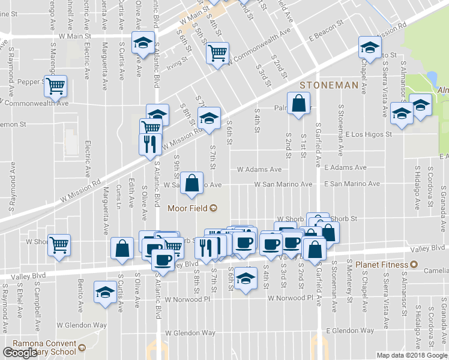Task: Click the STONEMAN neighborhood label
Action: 328,86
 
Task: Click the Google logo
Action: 21,353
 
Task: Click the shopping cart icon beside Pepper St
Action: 56,85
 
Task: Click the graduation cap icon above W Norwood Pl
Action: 244,279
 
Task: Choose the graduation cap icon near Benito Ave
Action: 106,293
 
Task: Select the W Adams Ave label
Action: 259,170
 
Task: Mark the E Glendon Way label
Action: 350,331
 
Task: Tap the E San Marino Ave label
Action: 352,184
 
